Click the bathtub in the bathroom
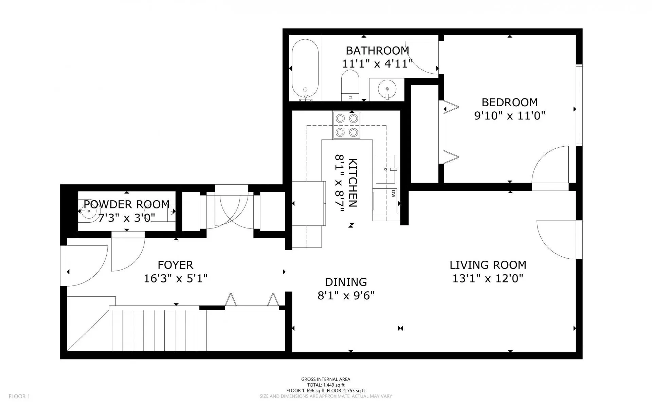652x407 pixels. (305, 71)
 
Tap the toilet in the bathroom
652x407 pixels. (350, 85)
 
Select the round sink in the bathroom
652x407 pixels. (387, 89)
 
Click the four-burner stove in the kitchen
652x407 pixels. (347, 125)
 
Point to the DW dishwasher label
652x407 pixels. (393, 194)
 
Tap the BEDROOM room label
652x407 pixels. (510, 102)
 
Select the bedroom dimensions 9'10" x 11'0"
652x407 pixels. (510, 116)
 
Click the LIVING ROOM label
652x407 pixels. (488, 265)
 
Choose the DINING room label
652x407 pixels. (346, 282)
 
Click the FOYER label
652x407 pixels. (176, 265)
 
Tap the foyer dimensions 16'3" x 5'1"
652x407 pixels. (176, 279)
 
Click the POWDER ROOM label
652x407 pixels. (127, 204)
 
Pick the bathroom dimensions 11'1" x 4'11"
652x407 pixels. (377, 63)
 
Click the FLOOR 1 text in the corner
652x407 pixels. (19, 396)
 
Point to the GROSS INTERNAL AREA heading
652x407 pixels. (326, 380)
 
